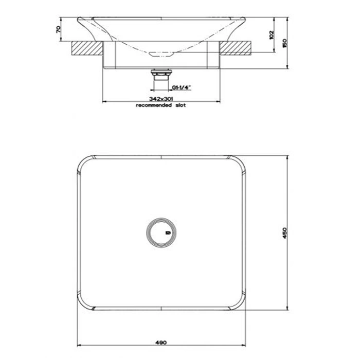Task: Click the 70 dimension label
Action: click(x=59, y=29)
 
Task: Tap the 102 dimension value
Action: click(x=271, y=34)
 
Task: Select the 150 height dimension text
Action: click(x=285, y=43)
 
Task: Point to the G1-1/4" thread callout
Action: click(x=182, y=87)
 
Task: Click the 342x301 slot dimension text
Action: click(x=161, y=99)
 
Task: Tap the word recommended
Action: click(x=154, y=105)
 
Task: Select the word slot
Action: click(x=181, y=105)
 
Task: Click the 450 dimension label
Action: click(x=285, y=233)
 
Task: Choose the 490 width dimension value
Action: click(x=161, y=343)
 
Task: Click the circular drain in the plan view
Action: click(x=161, y=232)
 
